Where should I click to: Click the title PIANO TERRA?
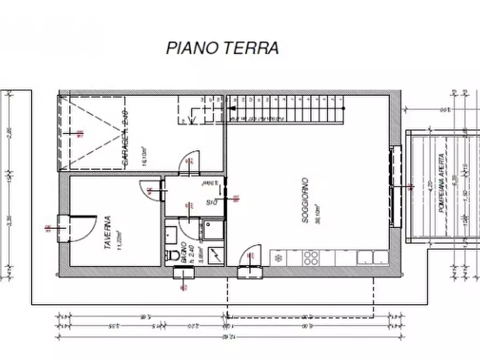(222, 47)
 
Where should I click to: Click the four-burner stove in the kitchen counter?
(311, 258)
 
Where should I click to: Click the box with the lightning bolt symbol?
(216, 255)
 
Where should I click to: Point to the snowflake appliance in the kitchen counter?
(278, 258)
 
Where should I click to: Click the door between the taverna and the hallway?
(151, 190)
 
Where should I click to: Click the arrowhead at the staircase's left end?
(232, 108)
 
